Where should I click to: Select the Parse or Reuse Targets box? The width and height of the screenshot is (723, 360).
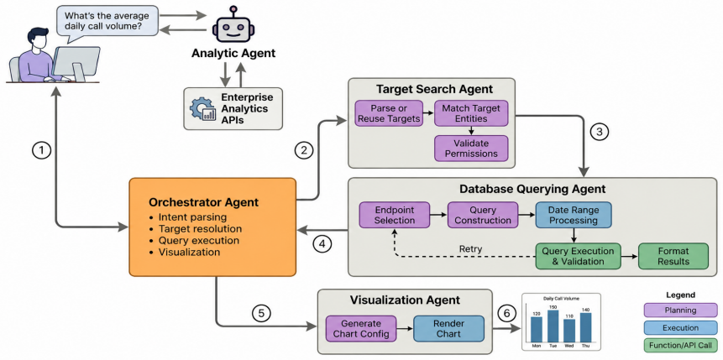389,113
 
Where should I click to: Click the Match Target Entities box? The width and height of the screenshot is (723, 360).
471,113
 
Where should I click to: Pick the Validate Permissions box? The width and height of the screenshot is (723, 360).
471,148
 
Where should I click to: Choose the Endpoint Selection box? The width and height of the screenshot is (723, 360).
394,215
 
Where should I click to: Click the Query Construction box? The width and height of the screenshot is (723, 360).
482,215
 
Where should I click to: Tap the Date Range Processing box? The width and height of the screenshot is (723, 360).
574,215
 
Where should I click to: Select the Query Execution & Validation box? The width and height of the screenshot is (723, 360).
578,256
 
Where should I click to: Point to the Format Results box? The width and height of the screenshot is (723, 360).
673,256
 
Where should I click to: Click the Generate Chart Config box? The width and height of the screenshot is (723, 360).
361,328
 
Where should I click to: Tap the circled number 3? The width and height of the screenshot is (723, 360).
599,132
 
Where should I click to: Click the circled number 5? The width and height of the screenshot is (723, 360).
261,314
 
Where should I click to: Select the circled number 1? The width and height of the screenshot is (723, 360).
42,151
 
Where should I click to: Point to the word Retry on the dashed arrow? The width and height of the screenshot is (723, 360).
471,249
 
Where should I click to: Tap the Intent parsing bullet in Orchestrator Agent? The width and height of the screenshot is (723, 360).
187,217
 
